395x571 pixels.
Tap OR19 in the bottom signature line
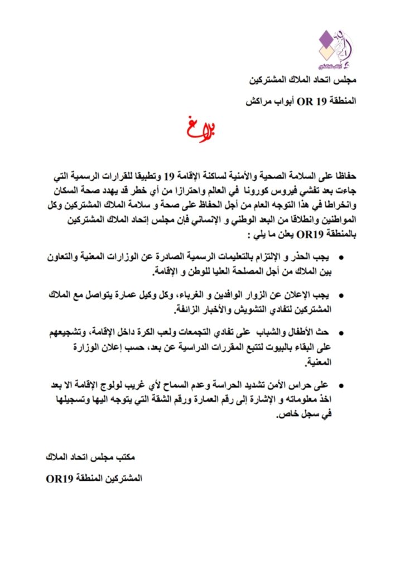pyautogui.click(x=60, y=478)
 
